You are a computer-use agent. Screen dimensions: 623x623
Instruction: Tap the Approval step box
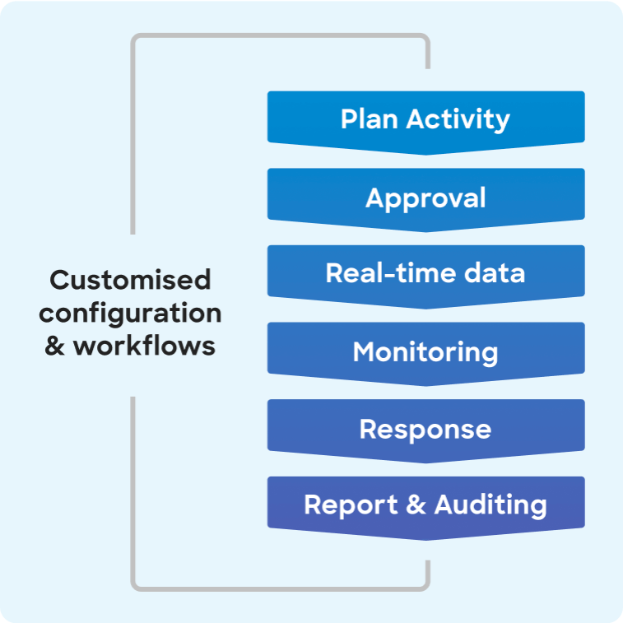425,198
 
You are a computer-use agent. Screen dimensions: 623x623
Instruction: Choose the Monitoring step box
425,352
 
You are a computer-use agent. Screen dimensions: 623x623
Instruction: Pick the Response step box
425,429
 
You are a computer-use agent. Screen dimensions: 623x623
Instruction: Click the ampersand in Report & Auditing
416,504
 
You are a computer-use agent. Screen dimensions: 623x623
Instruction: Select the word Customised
130,280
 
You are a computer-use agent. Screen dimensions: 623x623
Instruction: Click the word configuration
130,313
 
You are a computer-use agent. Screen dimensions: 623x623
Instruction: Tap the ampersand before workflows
54,346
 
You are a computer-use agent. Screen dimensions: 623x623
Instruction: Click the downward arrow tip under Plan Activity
425,151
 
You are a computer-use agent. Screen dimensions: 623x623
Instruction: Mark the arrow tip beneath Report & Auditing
425,537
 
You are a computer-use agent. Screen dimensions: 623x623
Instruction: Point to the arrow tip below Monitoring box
425,384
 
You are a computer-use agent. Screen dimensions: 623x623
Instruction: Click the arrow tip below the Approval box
425,229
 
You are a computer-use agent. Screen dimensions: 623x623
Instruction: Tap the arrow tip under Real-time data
425,306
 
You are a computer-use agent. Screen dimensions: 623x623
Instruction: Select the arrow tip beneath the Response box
425,460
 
